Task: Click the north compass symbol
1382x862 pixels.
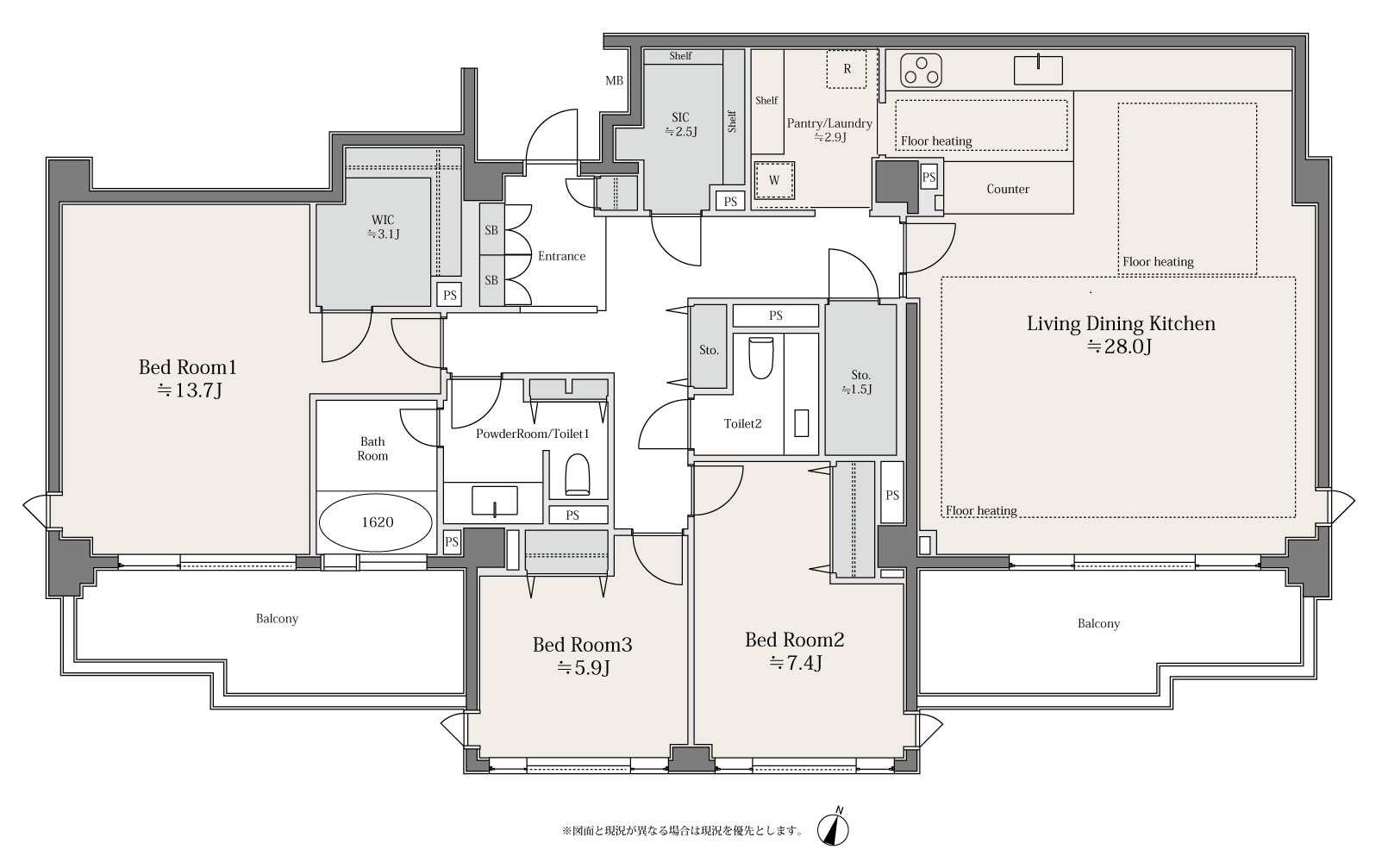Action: click(833, 828)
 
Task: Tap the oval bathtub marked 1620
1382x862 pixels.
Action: click(377, 522)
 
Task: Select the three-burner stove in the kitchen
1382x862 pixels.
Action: click(921, 71)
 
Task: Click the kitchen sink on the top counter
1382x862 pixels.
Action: click(1038, 70)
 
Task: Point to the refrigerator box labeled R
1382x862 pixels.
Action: click(847, 69)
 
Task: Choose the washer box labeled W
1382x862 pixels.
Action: click(774, 180)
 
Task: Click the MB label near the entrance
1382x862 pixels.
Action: click(614, 81)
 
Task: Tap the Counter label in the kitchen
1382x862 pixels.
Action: click(1008, 189)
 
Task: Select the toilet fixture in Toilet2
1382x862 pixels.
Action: click(760, 357)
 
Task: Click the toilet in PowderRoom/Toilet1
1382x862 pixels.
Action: click(578, 474)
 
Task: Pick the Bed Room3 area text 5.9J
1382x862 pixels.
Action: click(583, 668)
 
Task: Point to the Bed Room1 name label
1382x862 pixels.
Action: click(188, 367)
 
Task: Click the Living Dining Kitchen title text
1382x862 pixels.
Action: click(1121, 323)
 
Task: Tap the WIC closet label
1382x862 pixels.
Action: click(383, 220)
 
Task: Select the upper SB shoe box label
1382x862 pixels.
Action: click(491, 230)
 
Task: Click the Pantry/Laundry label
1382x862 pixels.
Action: click(829, 123)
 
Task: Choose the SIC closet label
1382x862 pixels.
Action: click(680, 117)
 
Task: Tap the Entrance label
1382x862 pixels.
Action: click(561, 256)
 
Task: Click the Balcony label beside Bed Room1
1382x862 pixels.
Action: click(277, 618)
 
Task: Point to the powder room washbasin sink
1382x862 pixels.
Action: click(495, 501)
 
